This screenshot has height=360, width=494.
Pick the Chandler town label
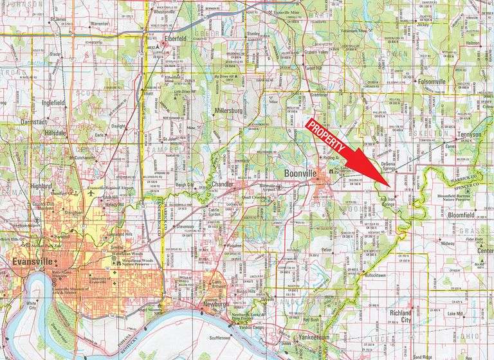222,185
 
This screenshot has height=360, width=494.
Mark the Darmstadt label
34,121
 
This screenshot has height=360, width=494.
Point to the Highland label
42,186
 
